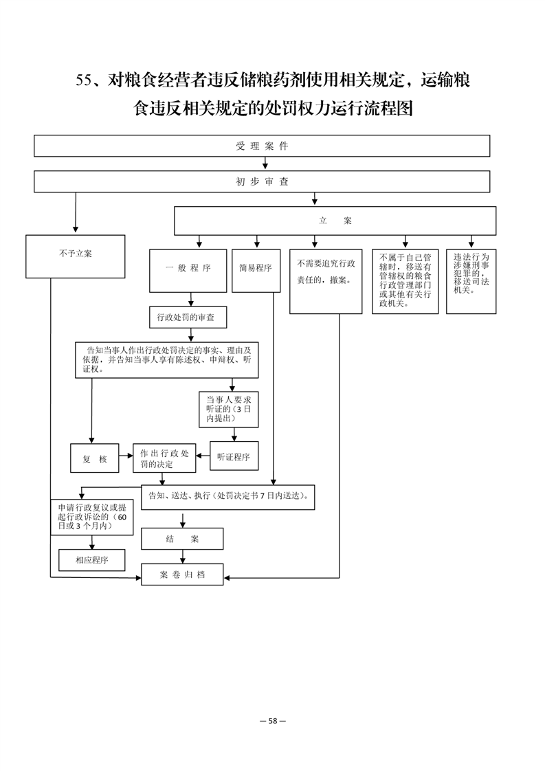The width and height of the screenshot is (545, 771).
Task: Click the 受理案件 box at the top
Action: click(x=262, y=146)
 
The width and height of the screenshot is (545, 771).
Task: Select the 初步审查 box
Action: click(x=262, y=181)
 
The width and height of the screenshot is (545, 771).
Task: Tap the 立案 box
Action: click(x=335, y=221)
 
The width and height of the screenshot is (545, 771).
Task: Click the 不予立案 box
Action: click(x=76, y=256)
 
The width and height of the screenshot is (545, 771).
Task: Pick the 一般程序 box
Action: click(x=188, y=271)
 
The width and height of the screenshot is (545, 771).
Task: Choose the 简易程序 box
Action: click(x=256, y=271)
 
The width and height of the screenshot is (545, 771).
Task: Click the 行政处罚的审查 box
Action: click(x=188, y=317)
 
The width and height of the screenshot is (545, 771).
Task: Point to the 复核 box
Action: click(x=94, y=458)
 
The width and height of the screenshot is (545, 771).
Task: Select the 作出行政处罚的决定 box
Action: click(x=164, y=458)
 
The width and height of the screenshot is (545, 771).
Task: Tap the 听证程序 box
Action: click(x=234, y=456)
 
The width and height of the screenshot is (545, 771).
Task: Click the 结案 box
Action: click(x=182, y=539)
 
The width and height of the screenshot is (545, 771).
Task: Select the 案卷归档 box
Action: click(x=182, y=574)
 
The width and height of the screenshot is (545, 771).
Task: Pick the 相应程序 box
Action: click(x=92, y=560)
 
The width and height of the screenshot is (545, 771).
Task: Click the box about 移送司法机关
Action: click(x=471, y=281)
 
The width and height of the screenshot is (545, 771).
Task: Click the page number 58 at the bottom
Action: click(x=273, y=721)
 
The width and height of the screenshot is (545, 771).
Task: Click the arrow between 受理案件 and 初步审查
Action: click(x=265, y=164)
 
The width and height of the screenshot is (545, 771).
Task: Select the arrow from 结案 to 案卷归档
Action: click(x=183, y=557)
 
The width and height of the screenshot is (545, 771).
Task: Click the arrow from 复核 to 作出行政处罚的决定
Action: click(x=126, y=456)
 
